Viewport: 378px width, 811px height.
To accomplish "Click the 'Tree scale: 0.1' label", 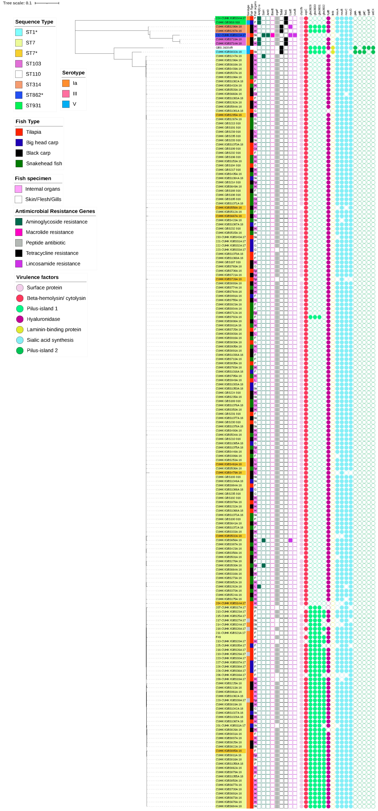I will pos(17,3).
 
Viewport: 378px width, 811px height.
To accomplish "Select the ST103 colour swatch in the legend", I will pos(19,64).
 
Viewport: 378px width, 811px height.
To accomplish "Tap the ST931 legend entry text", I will pos(33,105).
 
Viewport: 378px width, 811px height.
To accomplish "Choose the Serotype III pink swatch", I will pos(66,94).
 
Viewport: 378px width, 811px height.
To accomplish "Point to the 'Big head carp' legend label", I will pos(42,143).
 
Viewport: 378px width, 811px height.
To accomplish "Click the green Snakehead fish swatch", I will pos(19,163).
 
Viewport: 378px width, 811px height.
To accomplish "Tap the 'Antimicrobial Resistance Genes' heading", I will pos(55,211).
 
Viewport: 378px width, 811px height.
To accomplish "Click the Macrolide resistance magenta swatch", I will pos(19,232).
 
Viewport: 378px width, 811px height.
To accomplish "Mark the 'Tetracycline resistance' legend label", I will pos(52,253).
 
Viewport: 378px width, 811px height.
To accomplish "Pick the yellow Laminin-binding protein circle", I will pos(20,330).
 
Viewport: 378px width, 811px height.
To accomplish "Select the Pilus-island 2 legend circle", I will pos(20,350).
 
